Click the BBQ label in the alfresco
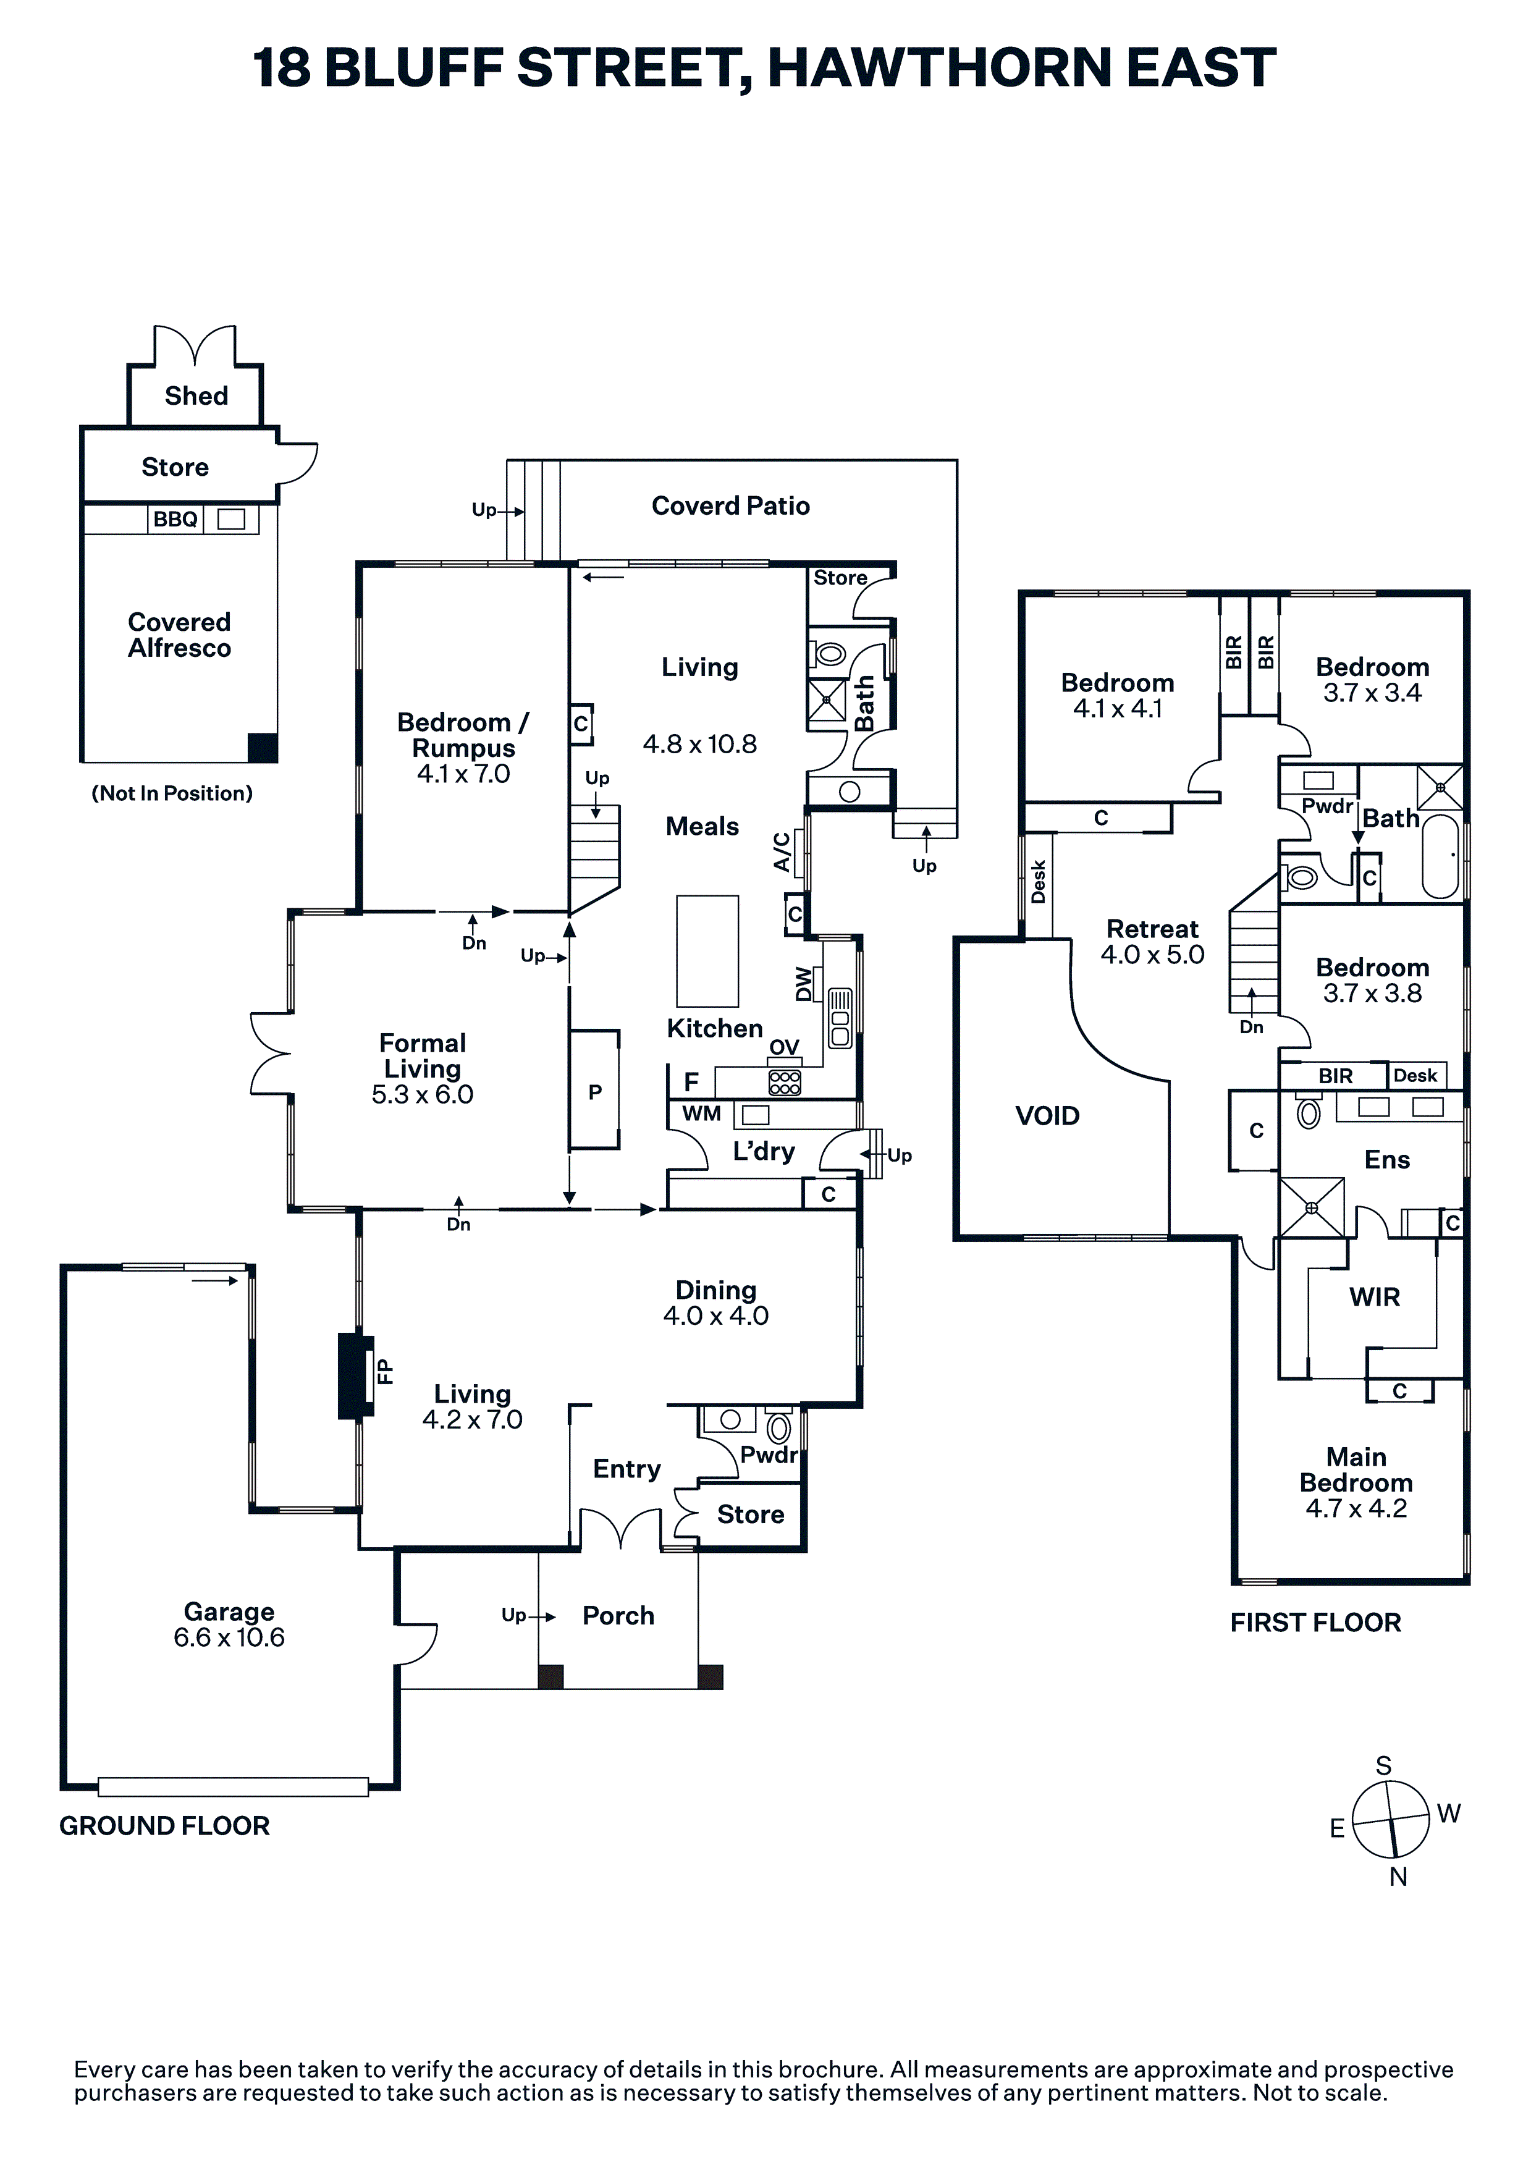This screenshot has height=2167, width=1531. [x=175, y=519]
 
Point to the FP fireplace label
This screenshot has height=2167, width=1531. [x=385, y=1371]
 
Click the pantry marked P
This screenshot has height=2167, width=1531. [x=594, y=1091]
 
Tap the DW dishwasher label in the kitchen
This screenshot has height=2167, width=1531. [x=803, y=984]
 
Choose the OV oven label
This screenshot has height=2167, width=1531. [x=785, y=1047]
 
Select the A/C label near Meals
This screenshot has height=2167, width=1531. [x=782, y=851]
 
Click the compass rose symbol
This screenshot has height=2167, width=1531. [x=1391, y=1820]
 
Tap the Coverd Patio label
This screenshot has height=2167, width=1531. [x=730, y=506]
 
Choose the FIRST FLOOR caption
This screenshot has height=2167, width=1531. [x=1316, y=1623]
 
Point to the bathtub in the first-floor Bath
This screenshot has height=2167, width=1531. [x=1440, y=856]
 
